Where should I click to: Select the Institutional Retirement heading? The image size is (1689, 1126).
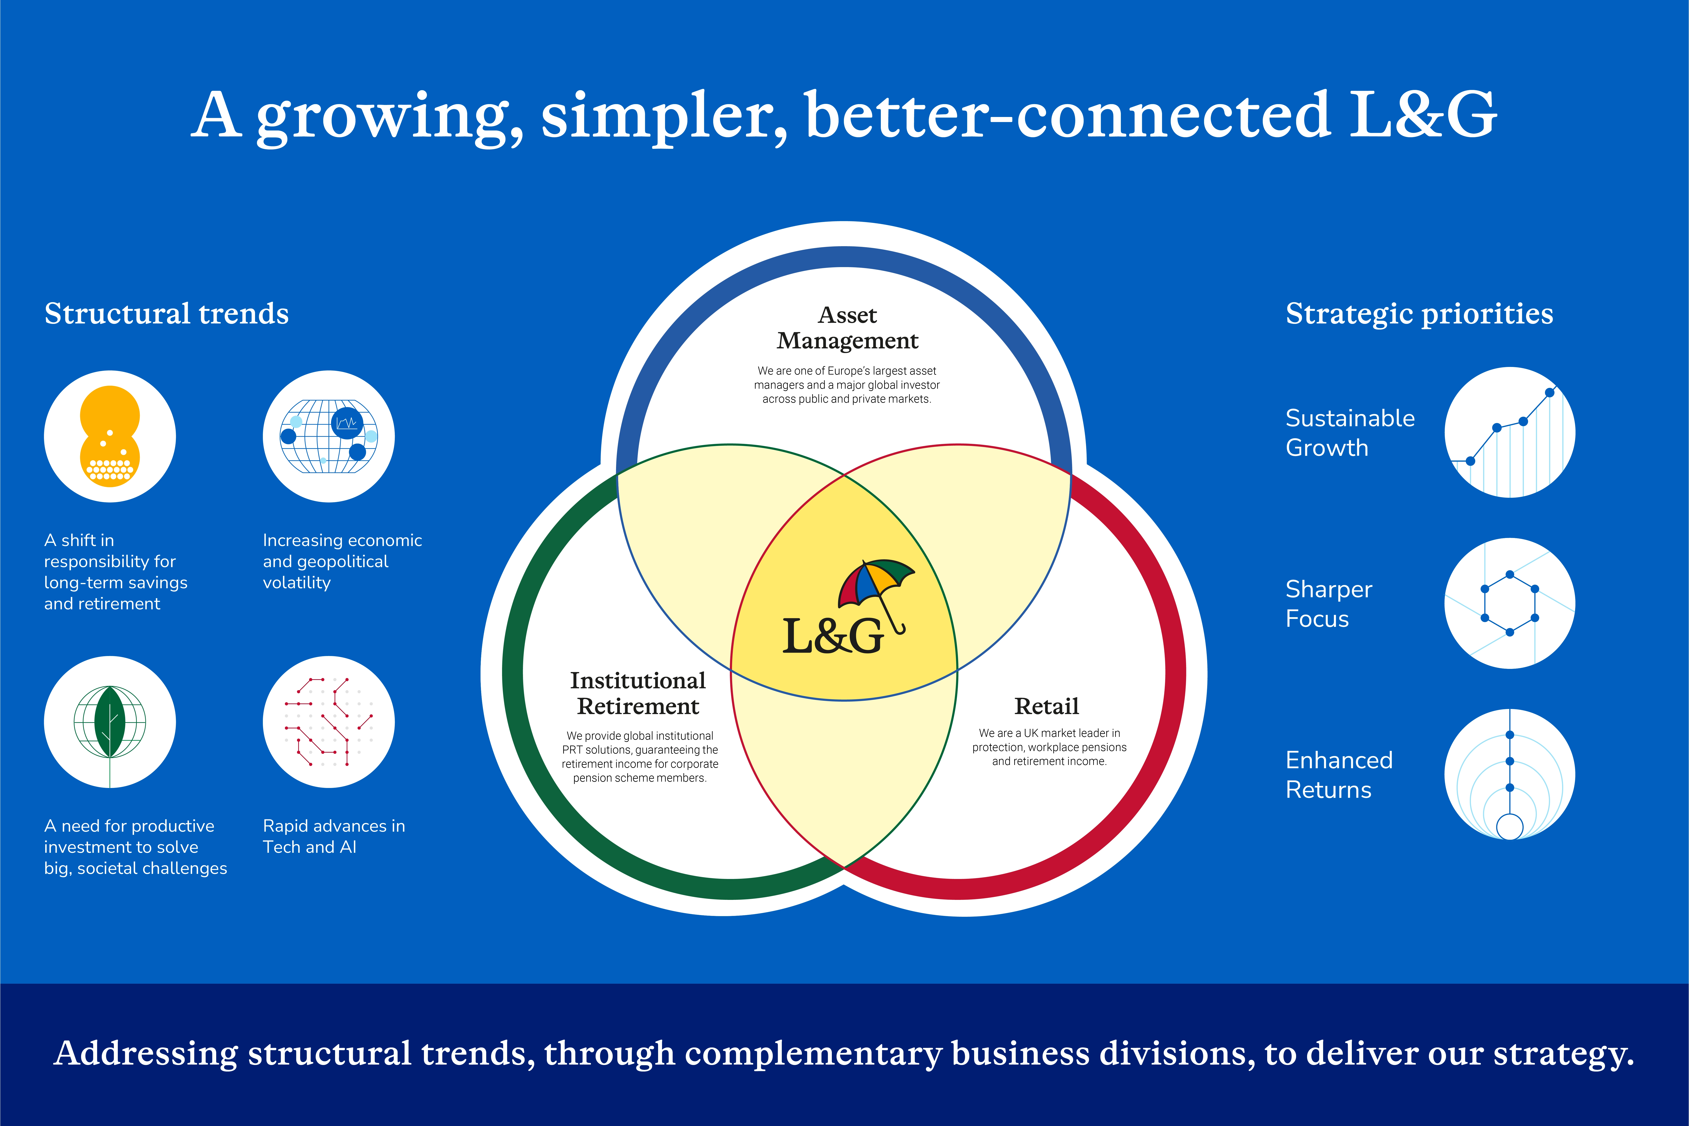pyautogui.click(x=638, y=693)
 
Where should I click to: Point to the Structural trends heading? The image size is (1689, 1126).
pyautogui.click(x=167, y=314)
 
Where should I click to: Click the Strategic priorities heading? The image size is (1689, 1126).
pyautogui.click(x=1419, y=314)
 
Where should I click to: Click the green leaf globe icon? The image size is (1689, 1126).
pyautogui.click(x=110, y=722)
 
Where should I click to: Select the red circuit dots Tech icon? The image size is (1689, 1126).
pyautogui.click(x=329, y=722)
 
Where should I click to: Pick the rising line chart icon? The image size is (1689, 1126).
pyautogui.click(x=1510, y=432)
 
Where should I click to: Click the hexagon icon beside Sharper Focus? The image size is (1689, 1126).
pyautogui.click(x=1510, y=603)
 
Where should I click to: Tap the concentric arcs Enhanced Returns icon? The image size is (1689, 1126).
pyautogui.click(x=1510, y=774)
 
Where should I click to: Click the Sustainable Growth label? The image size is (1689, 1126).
pyautogui.click(x=1350, y=432)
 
